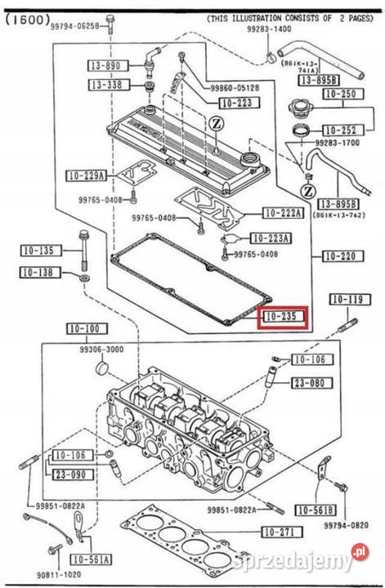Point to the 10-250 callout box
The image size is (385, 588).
(x=342, y=95)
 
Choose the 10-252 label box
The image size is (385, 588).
(x=342, y=130)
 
